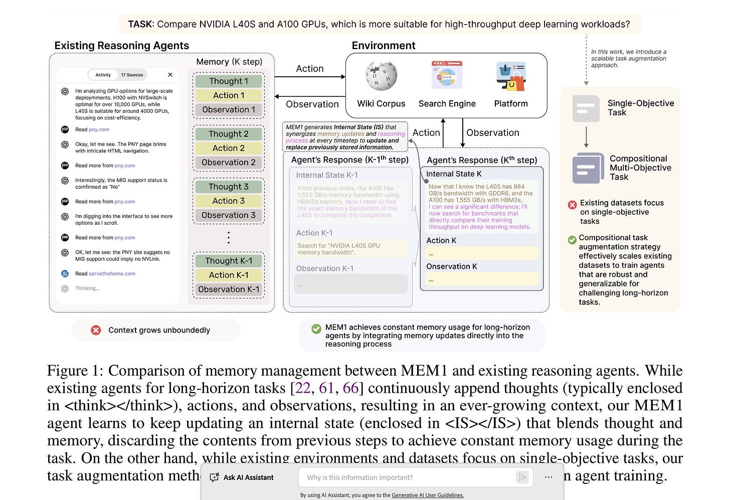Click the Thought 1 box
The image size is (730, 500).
(229, 81)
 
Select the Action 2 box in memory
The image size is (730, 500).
(229, 148)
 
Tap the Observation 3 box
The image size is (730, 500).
(229, 215)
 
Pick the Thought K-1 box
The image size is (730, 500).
(229, 261)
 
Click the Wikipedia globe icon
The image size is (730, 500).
(381, 76)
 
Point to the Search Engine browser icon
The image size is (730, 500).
(447, 75)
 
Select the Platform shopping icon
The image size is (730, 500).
(510, 76)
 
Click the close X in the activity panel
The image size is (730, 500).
(170, 75)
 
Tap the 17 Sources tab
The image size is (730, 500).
(132, 75)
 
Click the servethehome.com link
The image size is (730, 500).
(112, 274)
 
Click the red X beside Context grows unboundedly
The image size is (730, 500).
(96, 330)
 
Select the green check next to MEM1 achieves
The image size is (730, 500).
(316, 328)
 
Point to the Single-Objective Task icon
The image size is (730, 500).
(586, 108)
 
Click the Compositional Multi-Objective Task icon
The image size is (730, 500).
(588, 168)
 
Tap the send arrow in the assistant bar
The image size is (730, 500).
(522, 477)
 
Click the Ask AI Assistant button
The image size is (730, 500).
(242, 477)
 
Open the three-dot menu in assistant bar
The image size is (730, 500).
(549, 477)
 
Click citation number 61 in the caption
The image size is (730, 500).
(326, 388)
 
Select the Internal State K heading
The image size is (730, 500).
(453, 174)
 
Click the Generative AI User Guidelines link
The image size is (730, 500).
(428, 495)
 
